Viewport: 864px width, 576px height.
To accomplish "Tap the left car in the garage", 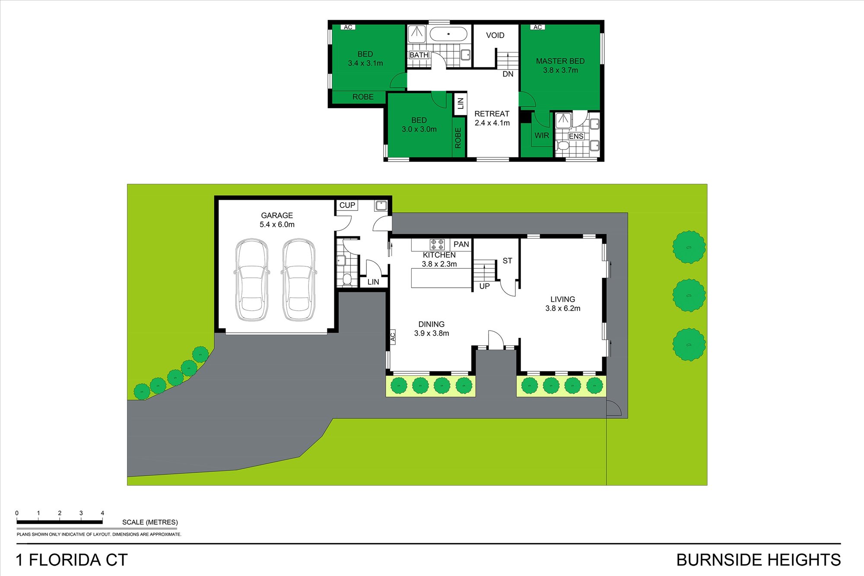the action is (x=252, y=280).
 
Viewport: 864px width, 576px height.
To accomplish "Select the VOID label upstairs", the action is (x=495, y=35).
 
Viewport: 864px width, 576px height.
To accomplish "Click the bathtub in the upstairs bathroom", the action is (x=448, y=34).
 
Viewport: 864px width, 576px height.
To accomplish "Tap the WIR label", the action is (x=542, y=136).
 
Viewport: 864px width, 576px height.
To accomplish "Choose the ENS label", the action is (x=576, y=137).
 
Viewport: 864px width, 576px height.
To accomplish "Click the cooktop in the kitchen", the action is (x=437, y=245).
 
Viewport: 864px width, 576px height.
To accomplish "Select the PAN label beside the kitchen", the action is (x=461, y=245).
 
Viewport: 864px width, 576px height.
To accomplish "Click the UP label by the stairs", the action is (x=484, y=286).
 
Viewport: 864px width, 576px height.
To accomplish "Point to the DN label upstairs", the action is (x=508, y=74).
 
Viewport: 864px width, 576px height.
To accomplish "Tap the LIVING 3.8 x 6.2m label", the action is (x=563, y=304).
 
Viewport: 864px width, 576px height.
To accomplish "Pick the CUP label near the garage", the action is (x=347, y=205).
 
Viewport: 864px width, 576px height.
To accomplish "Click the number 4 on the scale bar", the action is (x=102, y=513).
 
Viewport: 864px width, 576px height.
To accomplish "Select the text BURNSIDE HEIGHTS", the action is (x=759, y=560).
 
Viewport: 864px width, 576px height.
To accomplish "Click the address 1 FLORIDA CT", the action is (x=72, y=560).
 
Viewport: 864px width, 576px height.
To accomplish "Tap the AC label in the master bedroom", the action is (x=537, y=27).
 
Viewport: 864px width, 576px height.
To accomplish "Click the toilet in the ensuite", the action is (x=562, y=146).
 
